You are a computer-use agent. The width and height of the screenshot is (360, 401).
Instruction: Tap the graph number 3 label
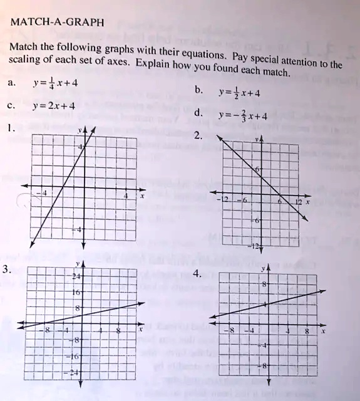point(7,269)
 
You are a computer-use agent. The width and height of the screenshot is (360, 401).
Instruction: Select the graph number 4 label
point(198,274)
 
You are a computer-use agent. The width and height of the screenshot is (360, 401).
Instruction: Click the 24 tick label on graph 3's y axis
point(76,276)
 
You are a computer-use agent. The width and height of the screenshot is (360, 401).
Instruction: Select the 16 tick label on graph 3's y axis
point(77,292)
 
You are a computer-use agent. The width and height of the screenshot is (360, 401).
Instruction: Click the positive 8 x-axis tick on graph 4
point(307,331)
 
